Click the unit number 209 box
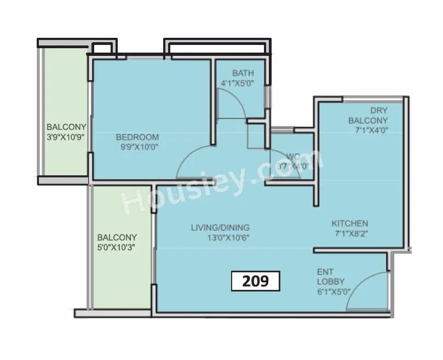(x=255, y=281)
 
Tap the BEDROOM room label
(x=137, y=137)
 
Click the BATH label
(x=243, y=73)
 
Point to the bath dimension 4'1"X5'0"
(x=243, y=83)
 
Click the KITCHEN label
(x=350, y=224)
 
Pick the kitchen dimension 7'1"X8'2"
(x=350, y=233)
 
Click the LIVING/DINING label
(x=220, y=227)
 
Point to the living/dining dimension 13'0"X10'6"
(x=220, y=237)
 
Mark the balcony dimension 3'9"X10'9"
(x=65, y=138)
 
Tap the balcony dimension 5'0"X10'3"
(x=117, y=247)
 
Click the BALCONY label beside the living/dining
(x=117, y=237)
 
